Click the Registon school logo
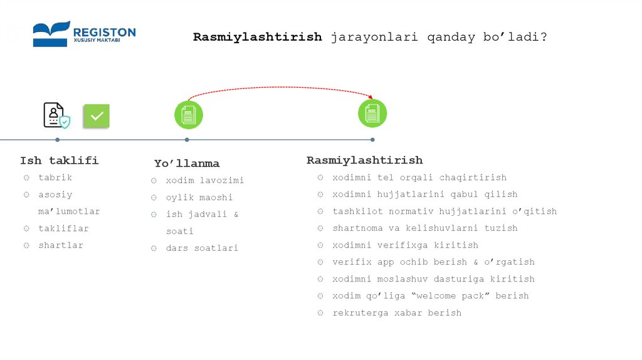tap(84, 34)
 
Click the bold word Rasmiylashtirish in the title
tap(257, 37)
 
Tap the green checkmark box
tap(97, 116)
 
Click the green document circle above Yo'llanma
tap(188, 115)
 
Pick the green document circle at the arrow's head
tap(372, 114)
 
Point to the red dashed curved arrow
tap(279, 88)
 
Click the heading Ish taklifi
tap(59, 161)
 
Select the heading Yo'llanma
tap(187, 164)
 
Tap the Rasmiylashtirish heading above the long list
tap(364, 161)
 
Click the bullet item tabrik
tap(55, 177)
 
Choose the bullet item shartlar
tap(60, 245)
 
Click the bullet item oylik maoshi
tap(199, 198)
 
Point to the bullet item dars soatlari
tap(202, 248)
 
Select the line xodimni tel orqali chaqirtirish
tap(419, 177)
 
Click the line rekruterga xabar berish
tap(396, 313)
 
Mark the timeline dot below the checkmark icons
tap(58, 139)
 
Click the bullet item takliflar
tap(63, 228)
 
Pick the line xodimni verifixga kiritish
tap(405, 245)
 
